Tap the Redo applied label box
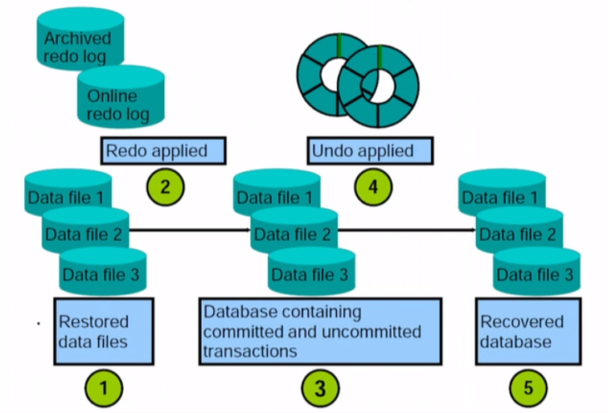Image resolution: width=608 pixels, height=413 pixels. pos(163,150)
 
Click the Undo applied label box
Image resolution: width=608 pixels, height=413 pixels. pos(371,150)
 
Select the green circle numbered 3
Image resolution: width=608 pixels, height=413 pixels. pos(320,389)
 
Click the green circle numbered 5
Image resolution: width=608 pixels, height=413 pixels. pos(528,389)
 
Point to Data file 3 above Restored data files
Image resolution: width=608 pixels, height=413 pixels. pos(101,275)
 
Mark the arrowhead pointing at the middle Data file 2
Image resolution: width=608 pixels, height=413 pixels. pos(247,229)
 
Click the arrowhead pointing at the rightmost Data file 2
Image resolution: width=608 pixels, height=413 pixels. pos(472,229)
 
